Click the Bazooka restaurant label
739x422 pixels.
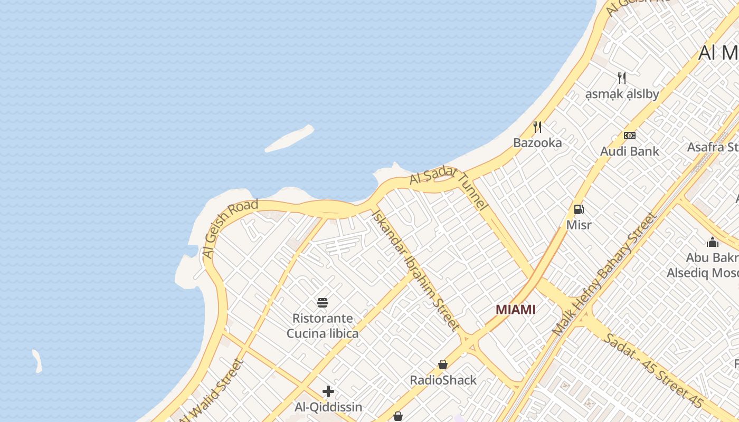[537, 143]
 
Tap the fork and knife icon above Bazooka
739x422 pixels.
[537, 127]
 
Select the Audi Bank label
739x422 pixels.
[629, 151]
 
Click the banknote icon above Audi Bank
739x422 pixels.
[629, 136]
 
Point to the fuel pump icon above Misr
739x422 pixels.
[579, 209]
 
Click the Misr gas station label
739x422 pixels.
[579, 225]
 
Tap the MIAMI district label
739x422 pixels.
[516, 310]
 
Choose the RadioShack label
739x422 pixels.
[443, 380]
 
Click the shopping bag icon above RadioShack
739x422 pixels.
[443, 365]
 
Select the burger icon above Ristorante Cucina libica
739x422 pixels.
[323, 302]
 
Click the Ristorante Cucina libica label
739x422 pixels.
[323, 326]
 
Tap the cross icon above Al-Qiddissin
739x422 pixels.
[328, 391]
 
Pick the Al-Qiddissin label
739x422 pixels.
[328, 407]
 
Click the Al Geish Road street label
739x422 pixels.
[230, 228]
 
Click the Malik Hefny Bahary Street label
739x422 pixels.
[604, 274]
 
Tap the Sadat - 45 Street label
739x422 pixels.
[653, 370]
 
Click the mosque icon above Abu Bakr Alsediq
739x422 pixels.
[713, 242]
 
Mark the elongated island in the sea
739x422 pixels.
[289, 138]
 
